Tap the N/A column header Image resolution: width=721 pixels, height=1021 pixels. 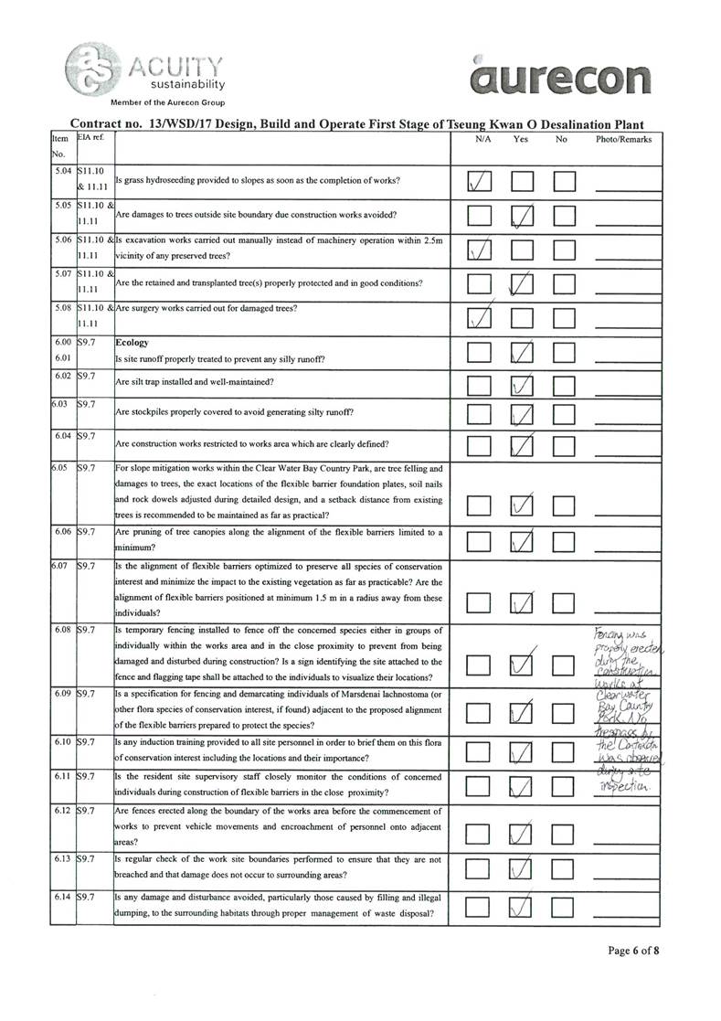point(483,140)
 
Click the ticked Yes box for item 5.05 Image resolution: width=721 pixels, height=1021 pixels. point(523,216)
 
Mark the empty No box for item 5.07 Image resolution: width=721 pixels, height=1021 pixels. point(564,283)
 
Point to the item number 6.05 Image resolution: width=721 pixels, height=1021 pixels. point(62,468)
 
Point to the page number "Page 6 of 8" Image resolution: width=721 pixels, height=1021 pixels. point(633,951)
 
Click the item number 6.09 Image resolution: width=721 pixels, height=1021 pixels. point(62,694)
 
